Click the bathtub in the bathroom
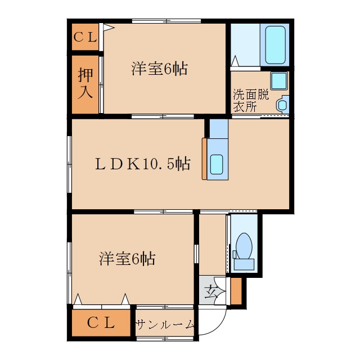275,45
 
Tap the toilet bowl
244,246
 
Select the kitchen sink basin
217,164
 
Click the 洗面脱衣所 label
251,100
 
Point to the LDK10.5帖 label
142,164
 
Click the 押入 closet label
85,83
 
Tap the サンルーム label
165,325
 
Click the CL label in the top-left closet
85,37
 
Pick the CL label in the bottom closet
101,322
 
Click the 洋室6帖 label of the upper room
159,69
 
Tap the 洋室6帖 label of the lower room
127,259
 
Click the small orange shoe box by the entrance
236,291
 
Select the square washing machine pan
279,80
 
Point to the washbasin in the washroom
282,105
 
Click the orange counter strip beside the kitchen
204,159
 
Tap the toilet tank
244,264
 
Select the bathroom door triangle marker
235,61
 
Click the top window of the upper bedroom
166,21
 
